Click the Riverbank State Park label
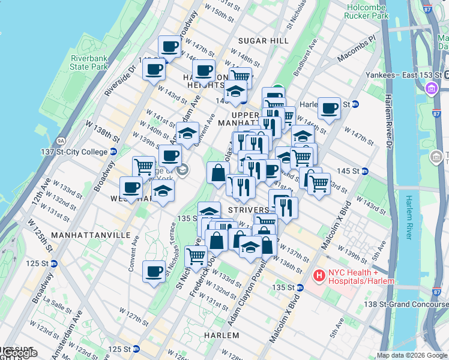click(x=89, y=62)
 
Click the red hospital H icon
click(x=319, y=277)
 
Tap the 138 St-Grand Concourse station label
click(x=409, y=305)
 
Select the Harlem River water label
click(x=409, y=217)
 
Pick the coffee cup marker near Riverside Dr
click(x=154, y=68)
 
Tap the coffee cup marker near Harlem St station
click(x=329, y=108)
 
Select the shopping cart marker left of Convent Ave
click(x=143, y=167)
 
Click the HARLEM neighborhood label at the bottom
click(x=221, y=335)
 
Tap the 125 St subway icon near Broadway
click(x=54, y=263)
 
